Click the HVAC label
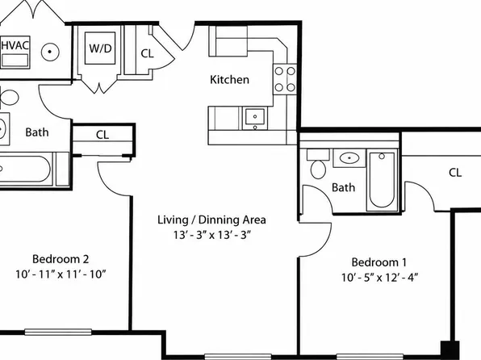click(15, 45)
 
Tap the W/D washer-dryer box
click(100, 48)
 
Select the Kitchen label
click(229, 80)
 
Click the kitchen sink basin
click(255, 117)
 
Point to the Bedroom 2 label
click(61, 259)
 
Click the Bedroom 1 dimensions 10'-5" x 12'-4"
click(379, 278)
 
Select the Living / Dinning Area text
click(211, 220)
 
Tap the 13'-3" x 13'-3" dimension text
click(212, 235)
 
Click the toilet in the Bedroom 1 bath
click(318, 164)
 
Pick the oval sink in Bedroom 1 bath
click(349, 158)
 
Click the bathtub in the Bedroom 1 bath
click(382, 180)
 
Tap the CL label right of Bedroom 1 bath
click(455, 173)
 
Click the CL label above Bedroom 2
click(102, 135)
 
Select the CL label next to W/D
click(147, 53)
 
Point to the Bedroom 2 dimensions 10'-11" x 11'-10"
click(61, 274)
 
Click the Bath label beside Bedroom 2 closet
click(37, 132)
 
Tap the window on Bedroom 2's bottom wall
click(58, 332)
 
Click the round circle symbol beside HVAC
click(50, 52)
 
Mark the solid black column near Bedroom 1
click(450, 350)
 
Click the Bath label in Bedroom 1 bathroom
click(343, 187)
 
